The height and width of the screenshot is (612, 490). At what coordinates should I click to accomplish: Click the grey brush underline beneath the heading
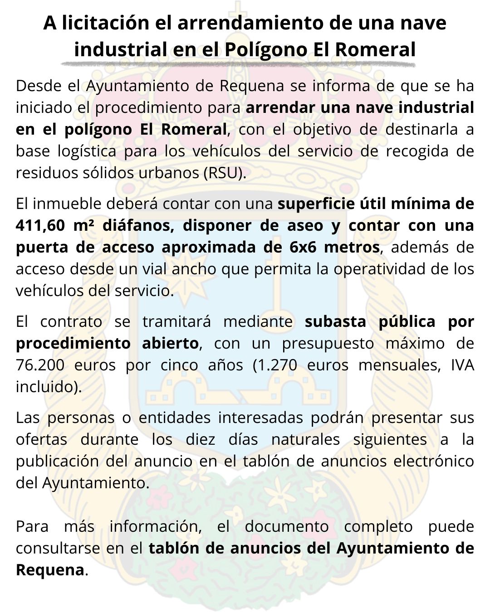[245, 63]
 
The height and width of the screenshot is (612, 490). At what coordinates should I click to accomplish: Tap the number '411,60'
[39, 225]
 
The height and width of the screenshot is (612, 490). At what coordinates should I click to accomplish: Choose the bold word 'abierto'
[170, 343]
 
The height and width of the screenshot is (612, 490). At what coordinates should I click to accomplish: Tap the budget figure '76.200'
[40, 365]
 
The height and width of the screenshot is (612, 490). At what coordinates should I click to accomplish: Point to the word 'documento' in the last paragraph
[287, 526]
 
